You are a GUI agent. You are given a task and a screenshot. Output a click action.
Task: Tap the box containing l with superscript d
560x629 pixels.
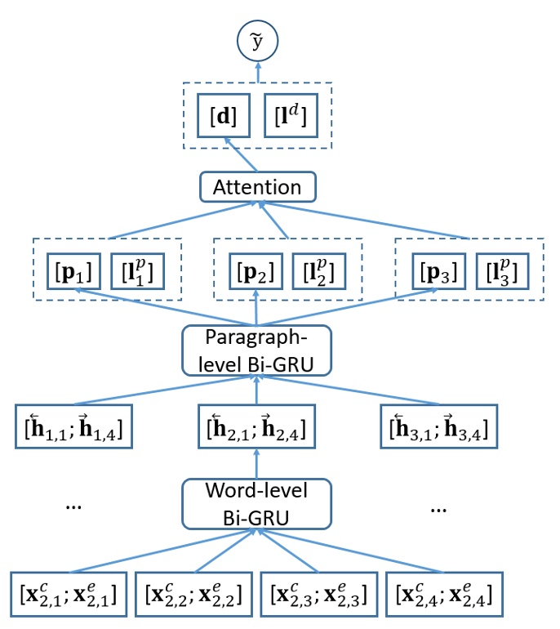(x=289, y=116)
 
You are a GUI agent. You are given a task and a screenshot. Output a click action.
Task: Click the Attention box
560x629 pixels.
(x=257, y=187)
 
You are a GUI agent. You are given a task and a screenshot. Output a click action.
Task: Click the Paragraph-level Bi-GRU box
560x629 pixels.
(x=257, y=350)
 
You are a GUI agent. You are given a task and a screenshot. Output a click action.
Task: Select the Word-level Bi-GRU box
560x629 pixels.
(x=257, y=504)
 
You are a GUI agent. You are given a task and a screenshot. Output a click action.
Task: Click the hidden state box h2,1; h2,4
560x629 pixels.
(x=257, y=426)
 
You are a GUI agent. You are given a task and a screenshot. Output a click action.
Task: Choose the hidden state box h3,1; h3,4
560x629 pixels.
(x=439, y=426)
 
